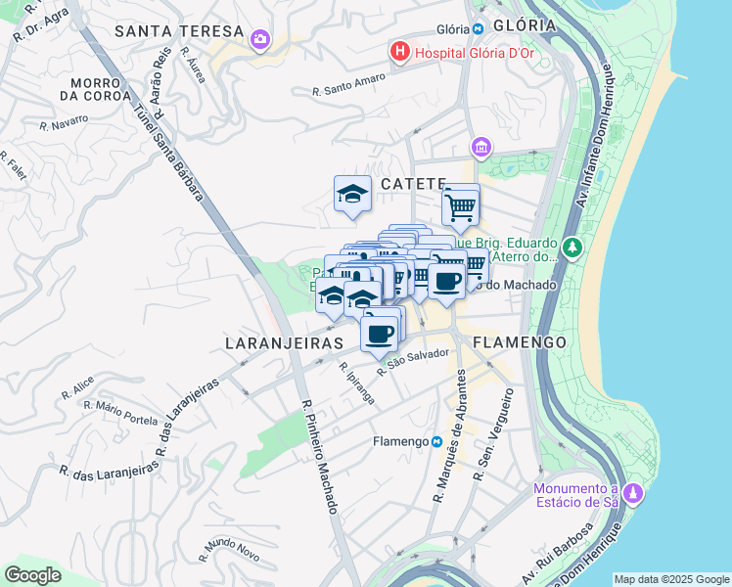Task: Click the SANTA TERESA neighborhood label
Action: (177, 31)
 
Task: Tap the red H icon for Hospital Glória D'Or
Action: (399, 51)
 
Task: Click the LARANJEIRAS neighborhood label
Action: (284, 343)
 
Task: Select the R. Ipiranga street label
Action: (356, 384)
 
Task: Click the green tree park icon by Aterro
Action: (572, 247)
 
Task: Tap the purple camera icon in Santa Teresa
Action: (260, 39)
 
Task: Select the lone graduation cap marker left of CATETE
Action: (352, 194)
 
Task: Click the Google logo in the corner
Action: (32, 575)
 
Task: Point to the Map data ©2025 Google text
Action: (671, 579)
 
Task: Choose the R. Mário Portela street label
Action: (120, 412)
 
